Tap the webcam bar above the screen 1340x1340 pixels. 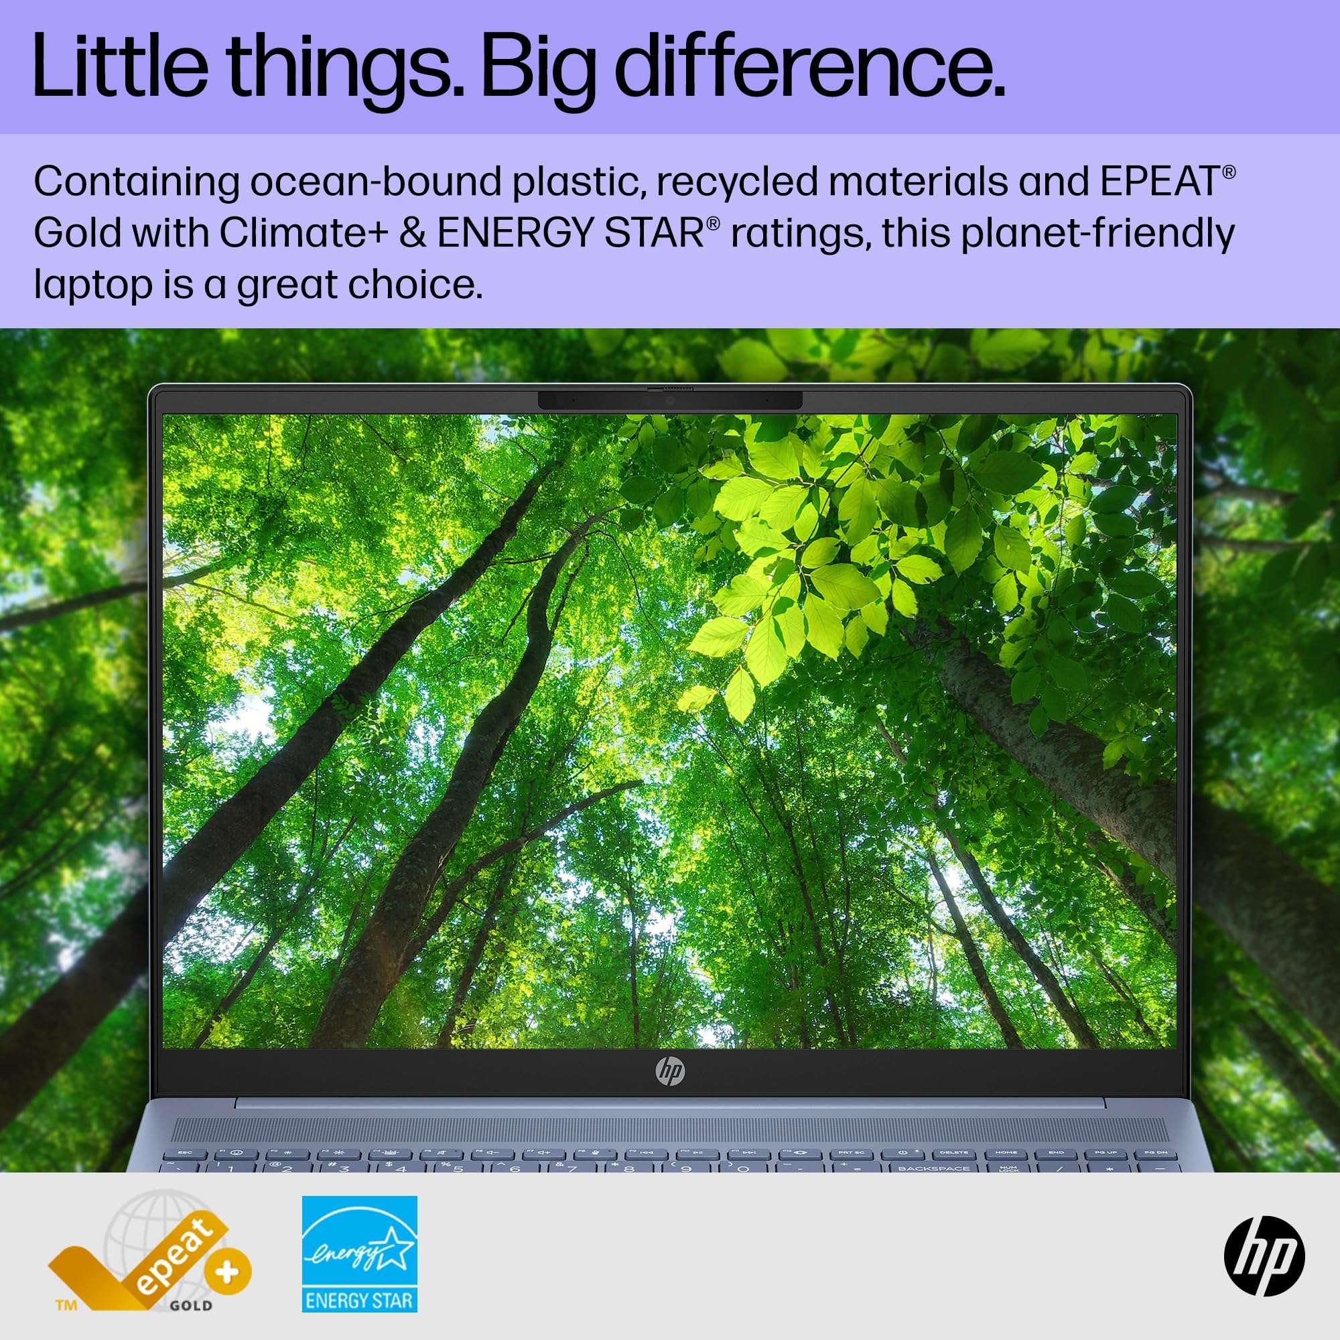pyautogui.click(x=670, y=400)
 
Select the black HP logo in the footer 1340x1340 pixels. pyautogui.click(x=1264, y=1256)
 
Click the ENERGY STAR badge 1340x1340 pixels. pyautogui.click(x=359, y=1254)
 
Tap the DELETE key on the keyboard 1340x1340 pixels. pyautogui.click(x=954, y=1152)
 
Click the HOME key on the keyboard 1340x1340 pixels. pyautogui.click(x=1006, y=1152)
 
